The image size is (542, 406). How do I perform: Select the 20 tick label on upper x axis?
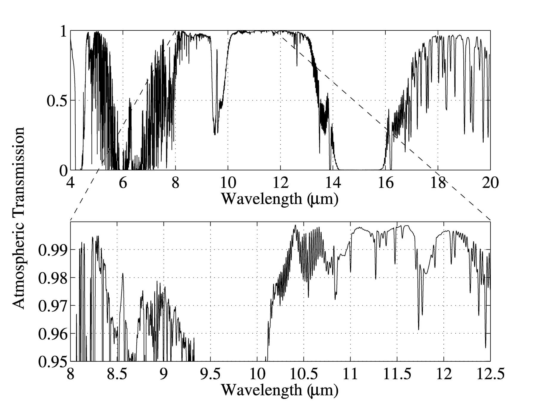point(490,182)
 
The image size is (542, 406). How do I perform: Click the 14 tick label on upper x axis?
point(333,182)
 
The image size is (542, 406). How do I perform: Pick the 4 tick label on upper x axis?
point(71,182)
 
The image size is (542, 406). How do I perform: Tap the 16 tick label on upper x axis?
point(385,182)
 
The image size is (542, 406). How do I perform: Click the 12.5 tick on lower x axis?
point(490,374)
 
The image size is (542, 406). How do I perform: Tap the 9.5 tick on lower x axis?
point(211,374)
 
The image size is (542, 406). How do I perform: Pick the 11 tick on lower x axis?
point(350,374)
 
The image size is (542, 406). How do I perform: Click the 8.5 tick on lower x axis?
point(117,374)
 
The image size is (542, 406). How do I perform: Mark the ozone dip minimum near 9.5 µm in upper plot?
point(215,134)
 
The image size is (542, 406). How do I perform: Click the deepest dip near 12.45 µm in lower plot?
point(485,347)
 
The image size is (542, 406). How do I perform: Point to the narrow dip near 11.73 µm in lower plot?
point(418,329)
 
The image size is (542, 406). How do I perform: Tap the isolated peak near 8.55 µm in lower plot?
point(122,273)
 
